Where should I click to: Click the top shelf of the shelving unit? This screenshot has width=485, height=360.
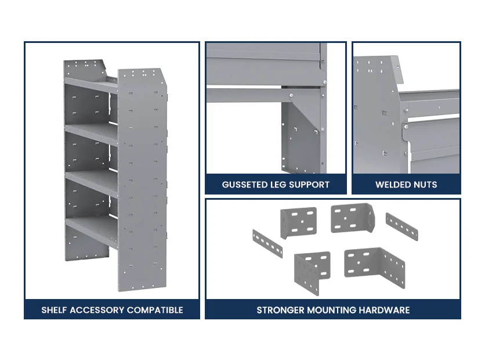[x=91, y=85]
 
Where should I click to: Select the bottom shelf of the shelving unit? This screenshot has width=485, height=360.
[x=92, y=229]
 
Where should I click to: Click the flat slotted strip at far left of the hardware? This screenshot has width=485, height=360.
[x=267, y=244]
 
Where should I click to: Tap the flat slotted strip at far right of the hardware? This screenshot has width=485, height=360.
[x=402, y=226]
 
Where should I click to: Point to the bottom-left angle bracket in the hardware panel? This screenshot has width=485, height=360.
[x=311, y=272]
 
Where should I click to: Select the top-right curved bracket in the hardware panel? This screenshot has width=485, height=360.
[x=353, y=218]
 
